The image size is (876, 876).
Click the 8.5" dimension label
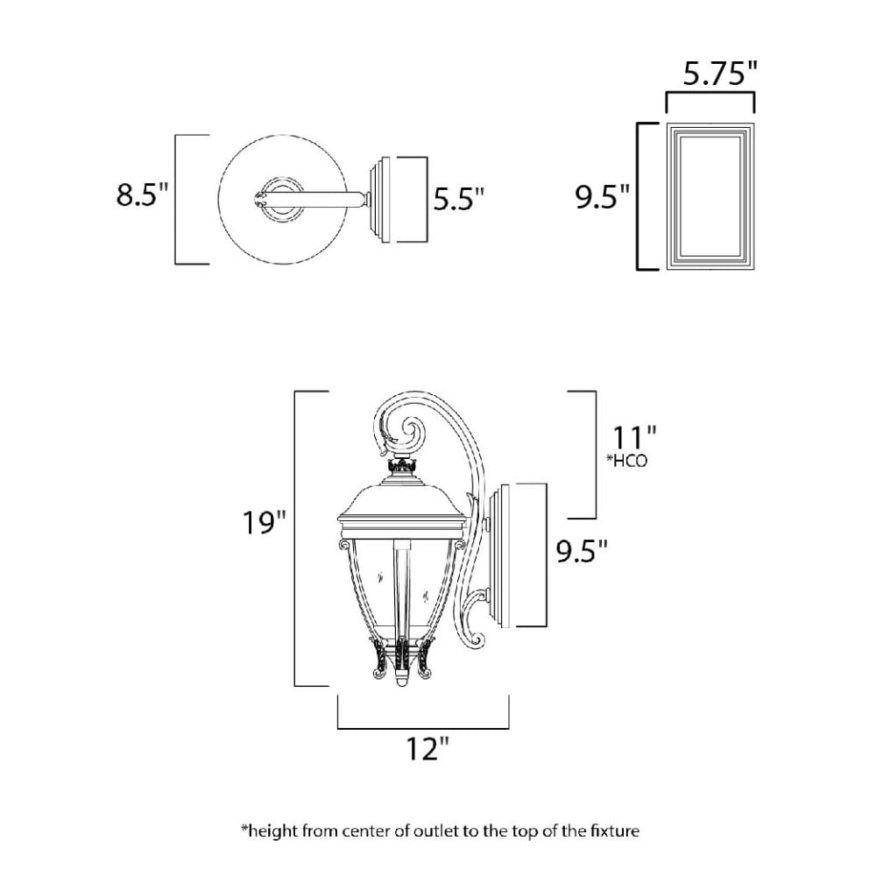point(142,194)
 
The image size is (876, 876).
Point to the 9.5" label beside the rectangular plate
point(603,196)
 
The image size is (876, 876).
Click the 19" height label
point(264,523)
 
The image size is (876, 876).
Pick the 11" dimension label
point(634,437)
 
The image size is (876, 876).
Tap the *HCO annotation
point(627,461)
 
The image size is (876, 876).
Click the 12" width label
point(427,748)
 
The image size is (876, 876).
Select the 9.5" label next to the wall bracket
point(581,551)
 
